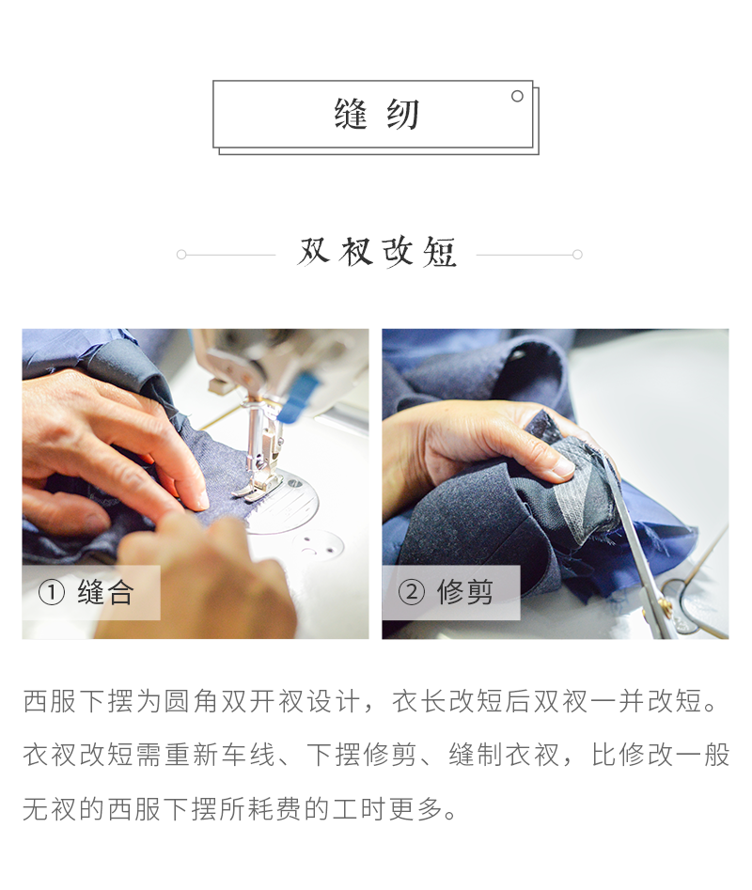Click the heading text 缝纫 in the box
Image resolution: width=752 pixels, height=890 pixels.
pos(375,115)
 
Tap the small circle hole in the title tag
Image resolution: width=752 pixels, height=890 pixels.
pos(517,96)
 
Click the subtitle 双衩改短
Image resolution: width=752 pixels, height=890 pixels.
pos(377,252)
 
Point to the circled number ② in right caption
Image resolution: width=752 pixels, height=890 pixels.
pos(411,593)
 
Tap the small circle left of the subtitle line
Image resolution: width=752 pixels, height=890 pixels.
pos(181,254)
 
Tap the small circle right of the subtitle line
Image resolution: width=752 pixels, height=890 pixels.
pos(577,254)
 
